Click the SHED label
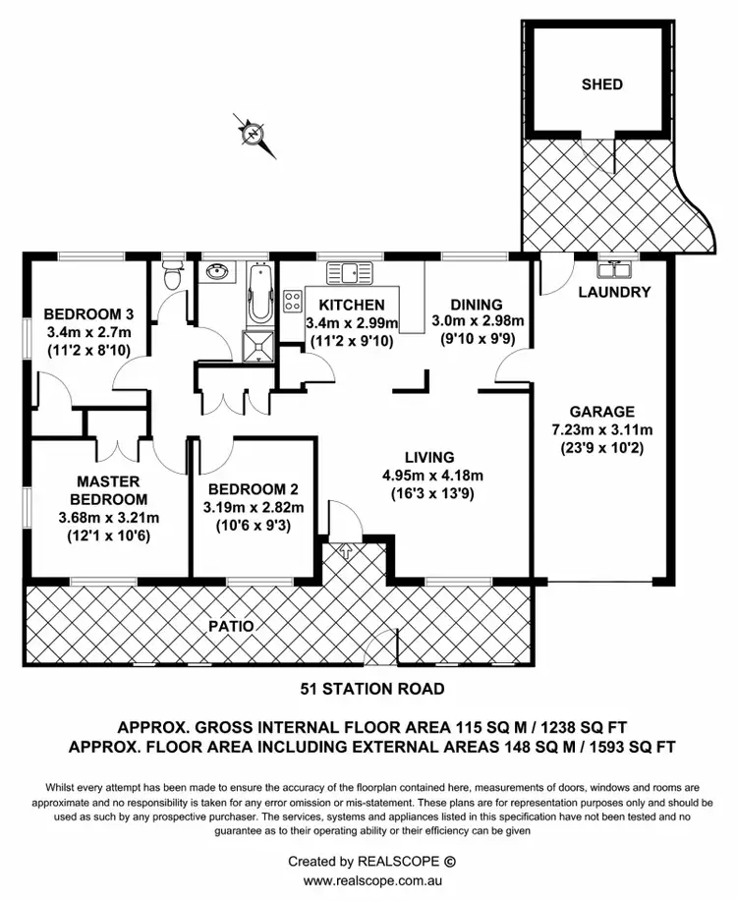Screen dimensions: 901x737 pyautogui.click(x=601, y=84)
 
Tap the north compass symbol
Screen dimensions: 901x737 pyautogui.click(x=254, y=133)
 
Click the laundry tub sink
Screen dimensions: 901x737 pyautogui.click(x=614, y=268)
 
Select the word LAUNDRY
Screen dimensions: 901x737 pyautogui.click(x=614, y=292)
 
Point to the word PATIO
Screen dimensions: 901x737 pyautogui.click(x=230, y=625)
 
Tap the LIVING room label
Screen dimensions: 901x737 pyautogui.click(x=428, y=457)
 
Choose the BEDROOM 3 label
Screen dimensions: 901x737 pyautogui.click(x=88, y=314)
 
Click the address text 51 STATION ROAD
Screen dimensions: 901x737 pyautogui.click(x=371, y=689)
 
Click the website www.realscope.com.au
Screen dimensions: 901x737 pyautogui.click(x=370, y=880)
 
